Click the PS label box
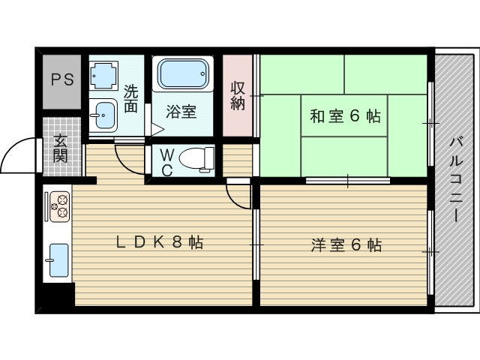click(62, 79)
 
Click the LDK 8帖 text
click(159, 242)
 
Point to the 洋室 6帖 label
click(346, 244)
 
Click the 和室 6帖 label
click(345, 116)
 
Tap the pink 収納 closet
click(238, 96)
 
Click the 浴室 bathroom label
click(181, 112)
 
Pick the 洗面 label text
click(131, 99)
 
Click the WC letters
click(166, 161)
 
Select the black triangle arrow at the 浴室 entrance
click(157, 130)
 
